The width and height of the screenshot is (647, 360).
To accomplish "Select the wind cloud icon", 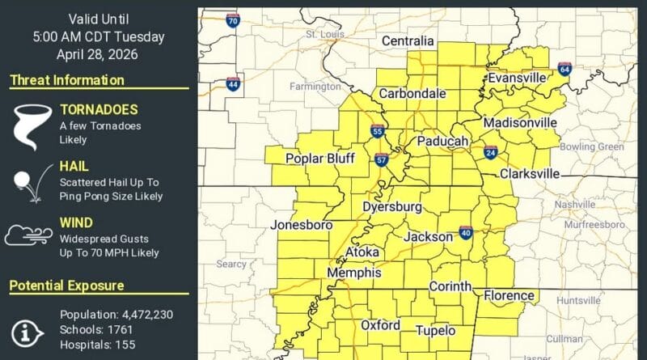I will [x=29, y=235].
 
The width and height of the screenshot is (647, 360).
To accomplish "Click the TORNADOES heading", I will [x=99, y=109].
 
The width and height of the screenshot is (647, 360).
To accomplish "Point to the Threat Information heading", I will [x=67, y=80].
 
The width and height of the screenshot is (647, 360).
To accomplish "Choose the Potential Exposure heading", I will [x=66, y=286].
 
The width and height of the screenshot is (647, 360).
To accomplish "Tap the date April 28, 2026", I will [x=98, y=54].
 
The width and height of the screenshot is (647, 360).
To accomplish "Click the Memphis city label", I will [x=354, y=273].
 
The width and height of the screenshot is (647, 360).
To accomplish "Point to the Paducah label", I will [x=443, y=142].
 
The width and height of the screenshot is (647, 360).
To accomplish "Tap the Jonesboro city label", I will [x=302, y=224].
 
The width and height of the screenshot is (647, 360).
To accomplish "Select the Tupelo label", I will [x=435, y=331].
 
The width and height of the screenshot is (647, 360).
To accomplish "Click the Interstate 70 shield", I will [x=232, y=19].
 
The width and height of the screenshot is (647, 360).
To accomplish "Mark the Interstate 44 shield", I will [x=232, y=83].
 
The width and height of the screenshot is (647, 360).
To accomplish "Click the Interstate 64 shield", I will [x=564, y=69].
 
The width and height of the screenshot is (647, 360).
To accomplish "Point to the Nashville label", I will [x=575, y=205].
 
